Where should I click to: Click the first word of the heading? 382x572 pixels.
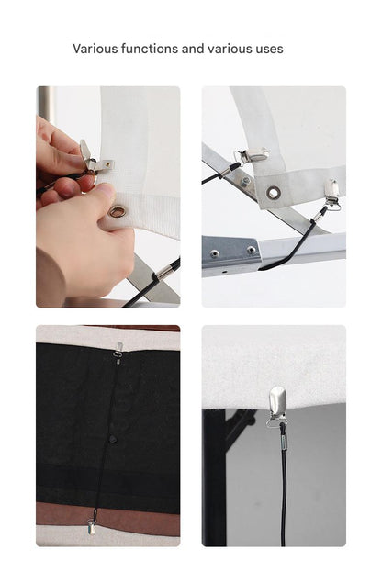[95, 49]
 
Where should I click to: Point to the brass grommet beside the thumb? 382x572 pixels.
[118, 211]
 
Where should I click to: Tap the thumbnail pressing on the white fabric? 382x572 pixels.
[106, 189]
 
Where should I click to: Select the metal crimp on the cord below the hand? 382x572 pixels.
[165, 271]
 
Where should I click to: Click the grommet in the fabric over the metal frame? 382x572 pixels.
[273, 192]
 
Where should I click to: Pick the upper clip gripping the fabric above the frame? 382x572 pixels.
[252, 155]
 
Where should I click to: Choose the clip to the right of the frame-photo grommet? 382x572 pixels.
[331, 194]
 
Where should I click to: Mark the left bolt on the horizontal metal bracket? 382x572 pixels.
[214, 252]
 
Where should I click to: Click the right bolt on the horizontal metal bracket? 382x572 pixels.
[251, 250]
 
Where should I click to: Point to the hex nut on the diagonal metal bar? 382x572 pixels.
[245, 180]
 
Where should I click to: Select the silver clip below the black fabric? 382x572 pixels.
[91, 527]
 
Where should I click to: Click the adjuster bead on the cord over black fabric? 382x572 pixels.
[113, 438]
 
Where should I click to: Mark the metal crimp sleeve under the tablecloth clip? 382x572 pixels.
[284, 443]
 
